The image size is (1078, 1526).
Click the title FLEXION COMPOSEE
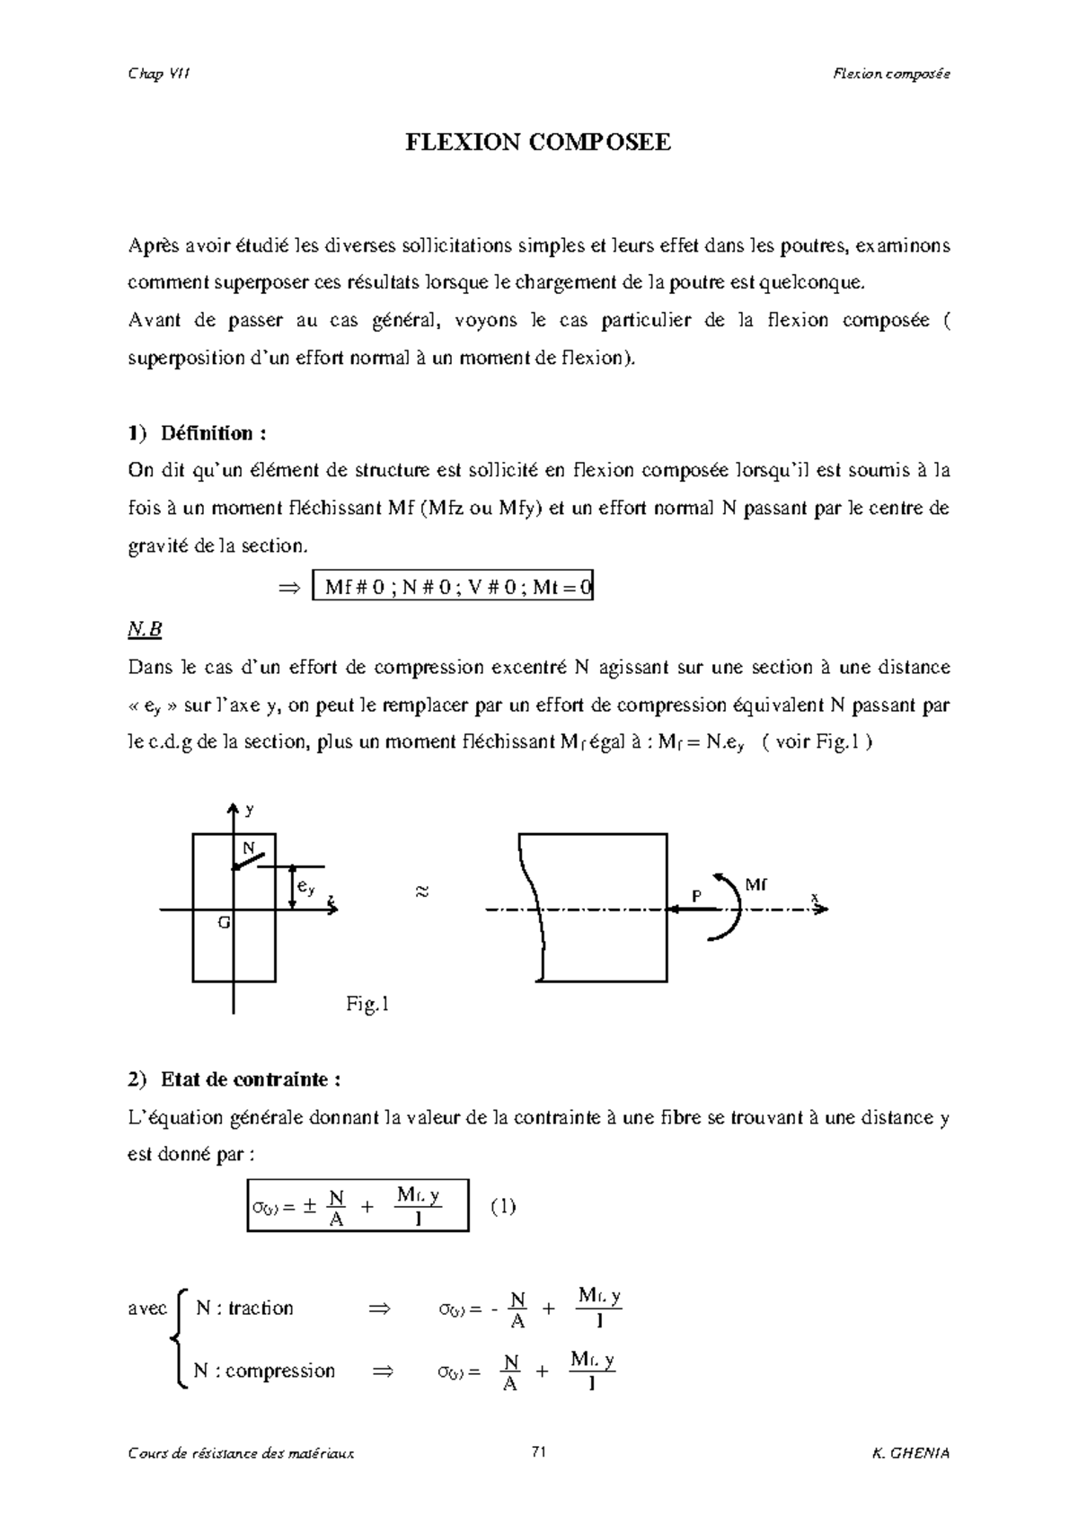point(538,142)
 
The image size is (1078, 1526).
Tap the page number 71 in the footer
point(539,1452)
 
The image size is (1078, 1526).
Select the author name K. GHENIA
point(910,1453)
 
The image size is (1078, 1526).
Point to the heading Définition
point(213,433)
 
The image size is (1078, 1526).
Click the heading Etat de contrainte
point(251,1078)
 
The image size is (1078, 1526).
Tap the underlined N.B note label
point(145,630)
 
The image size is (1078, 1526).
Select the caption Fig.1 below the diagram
point(367,1005)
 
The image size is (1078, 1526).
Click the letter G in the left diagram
point(224,923)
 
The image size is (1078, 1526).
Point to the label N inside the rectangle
point(248,847)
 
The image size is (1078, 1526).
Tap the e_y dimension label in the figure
point(306,888)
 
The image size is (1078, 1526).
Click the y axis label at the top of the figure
point(250,810)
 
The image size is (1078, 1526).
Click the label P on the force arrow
point(695,896)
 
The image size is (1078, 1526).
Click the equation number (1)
point(503,1206)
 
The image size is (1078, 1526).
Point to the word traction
point(261,1308)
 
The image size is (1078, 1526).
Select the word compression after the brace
point(279,1371)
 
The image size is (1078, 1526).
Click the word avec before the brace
point(147,1309)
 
